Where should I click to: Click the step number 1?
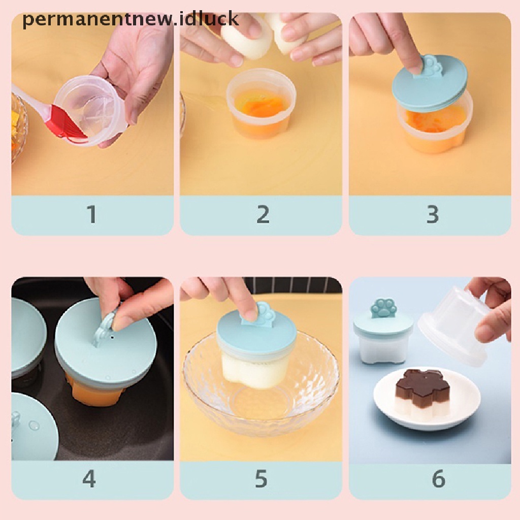[x=92, y=214]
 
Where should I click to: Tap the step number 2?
[x=263, y=214]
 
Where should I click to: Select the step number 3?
[x=433, y=214]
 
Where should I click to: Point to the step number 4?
[x=89, y=478]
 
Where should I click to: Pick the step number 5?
[x=261, y=478]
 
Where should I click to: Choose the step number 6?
[x=438, y=478]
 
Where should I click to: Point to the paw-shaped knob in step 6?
[x=384, y=308]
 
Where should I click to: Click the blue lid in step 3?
[x=430, y=83]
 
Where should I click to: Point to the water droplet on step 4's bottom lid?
[x=34, y=425]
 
